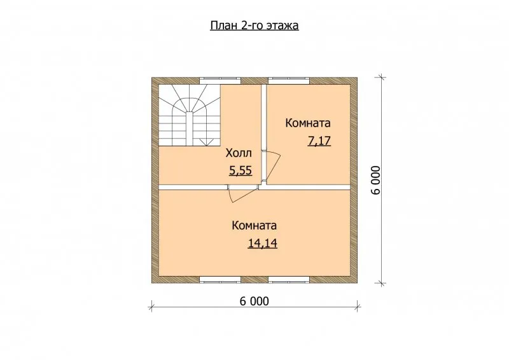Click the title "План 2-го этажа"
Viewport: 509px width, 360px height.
(254, 25)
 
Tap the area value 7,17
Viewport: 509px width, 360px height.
(319, 141)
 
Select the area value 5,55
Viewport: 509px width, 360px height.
(241, 170)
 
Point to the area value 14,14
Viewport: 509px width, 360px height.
(263, 243)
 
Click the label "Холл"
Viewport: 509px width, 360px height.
(239, 153)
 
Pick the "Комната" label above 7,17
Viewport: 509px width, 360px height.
(308, 123)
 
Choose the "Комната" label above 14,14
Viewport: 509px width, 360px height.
(254, 225)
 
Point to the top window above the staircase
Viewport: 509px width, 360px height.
(220, 81)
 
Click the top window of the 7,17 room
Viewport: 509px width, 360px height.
(289, 81)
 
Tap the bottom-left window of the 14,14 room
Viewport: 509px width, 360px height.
(220, 279)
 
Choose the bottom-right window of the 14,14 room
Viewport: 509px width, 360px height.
(289, 279)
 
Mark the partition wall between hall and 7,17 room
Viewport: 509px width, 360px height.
(264, 135)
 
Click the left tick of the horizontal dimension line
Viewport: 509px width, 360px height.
(151, 306)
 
